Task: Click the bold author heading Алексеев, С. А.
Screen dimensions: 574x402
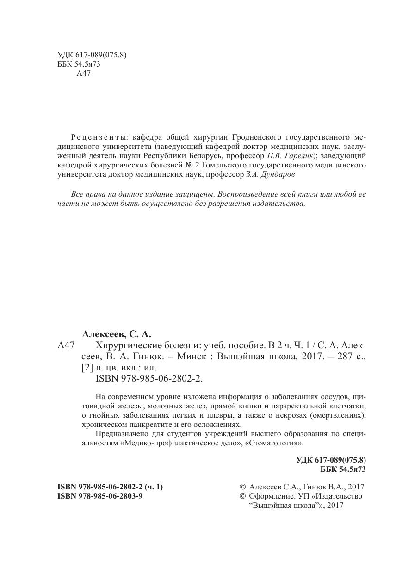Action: coord(117,333)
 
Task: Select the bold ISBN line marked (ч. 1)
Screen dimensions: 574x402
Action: coord(110,487)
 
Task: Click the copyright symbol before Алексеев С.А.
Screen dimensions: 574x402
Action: coord(242,487)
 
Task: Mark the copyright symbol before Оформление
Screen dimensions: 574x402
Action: coord(242,496)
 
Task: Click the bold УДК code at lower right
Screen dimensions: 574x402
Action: coord(331,460)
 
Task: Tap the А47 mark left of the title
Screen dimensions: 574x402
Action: coord(66,345)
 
